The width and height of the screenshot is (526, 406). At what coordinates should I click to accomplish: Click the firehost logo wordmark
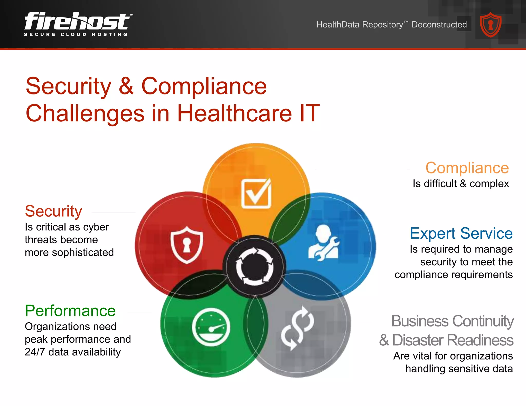pyautogui.click(x=77, y=21)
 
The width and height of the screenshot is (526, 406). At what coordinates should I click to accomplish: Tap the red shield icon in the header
pyautogui.click(x=491, y=25)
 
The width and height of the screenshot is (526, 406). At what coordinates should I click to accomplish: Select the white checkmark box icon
pyautogui.click(x=256, y=193)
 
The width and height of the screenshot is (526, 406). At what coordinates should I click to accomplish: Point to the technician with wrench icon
pyautogui.click(x=324, y=243)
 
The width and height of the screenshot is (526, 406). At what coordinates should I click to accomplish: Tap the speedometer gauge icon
pyautogui.click(x=211, y=327)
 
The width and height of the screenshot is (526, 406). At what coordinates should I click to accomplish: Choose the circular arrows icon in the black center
pyautogui.click(x=255, y=266)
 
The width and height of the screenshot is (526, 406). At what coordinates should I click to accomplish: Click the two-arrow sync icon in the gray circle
pyautogui.click(x=297, y=328)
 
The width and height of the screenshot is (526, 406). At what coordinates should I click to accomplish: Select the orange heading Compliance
pyautogui.click(x=467, y=168)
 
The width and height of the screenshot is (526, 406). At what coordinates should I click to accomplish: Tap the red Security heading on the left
pyautogui.click(x=53, y=211)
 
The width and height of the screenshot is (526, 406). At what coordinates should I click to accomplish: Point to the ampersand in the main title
pyautogui.click(x=126, y=86)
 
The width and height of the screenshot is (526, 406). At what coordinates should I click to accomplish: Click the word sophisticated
pyautogui.click(x=83, y=252)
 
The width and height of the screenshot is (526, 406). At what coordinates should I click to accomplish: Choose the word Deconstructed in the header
pyautogui.click(x=439, y=25)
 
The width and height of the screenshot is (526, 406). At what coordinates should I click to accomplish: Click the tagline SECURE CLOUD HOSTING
pyautogui.click(x=76, y=34)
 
